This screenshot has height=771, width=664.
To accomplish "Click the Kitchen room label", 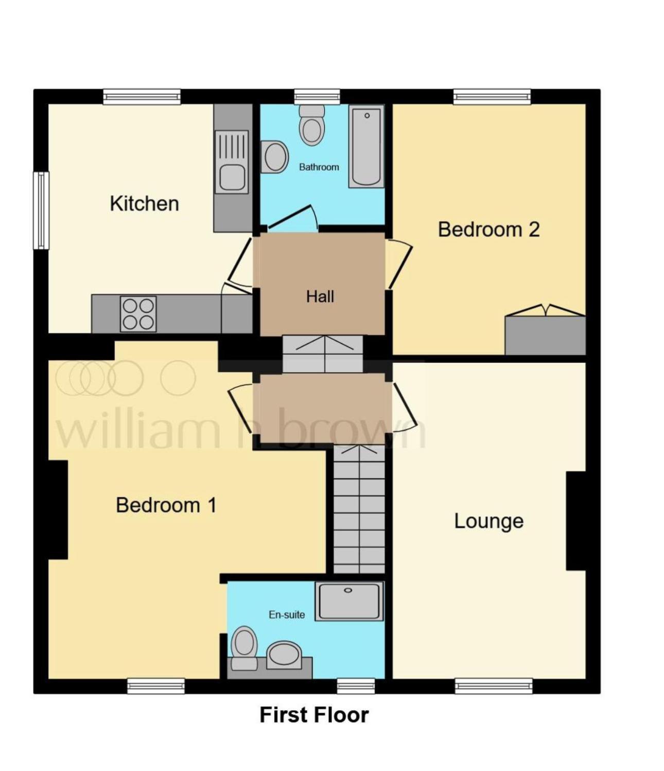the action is (x=144, y=204).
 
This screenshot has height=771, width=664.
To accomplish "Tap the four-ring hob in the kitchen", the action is (x=138, y=314).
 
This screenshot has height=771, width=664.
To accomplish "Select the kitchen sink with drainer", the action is (x=232, y=162).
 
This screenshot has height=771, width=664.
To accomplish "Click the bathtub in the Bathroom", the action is (x=366, y=146).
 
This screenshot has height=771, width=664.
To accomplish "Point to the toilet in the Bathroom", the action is (x=312, y=125).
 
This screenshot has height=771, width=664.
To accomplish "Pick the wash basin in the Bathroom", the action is (x=274, y=156).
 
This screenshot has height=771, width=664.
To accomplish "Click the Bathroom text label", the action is (x=319, y=167).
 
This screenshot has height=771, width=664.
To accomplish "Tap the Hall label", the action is (x=320, y=296).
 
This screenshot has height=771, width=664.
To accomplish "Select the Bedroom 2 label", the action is (x=488, y=229).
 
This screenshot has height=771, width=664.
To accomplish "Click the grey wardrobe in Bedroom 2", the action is (x=545, y=335).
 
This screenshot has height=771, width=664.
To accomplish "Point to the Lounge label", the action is (x=488, y=521).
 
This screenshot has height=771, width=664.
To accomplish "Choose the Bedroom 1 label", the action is (x=166, y=505).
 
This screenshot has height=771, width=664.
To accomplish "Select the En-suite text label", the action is (x=287, y=615).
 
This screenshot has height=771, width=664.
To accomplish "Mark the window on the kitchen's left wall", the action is (x=41, y=210).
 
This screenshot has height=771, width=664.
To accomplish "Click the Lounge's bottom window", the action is (x=494, y=686).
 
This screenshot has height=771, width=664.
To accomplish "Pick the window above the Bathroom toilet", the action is (x=317, y=97).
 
